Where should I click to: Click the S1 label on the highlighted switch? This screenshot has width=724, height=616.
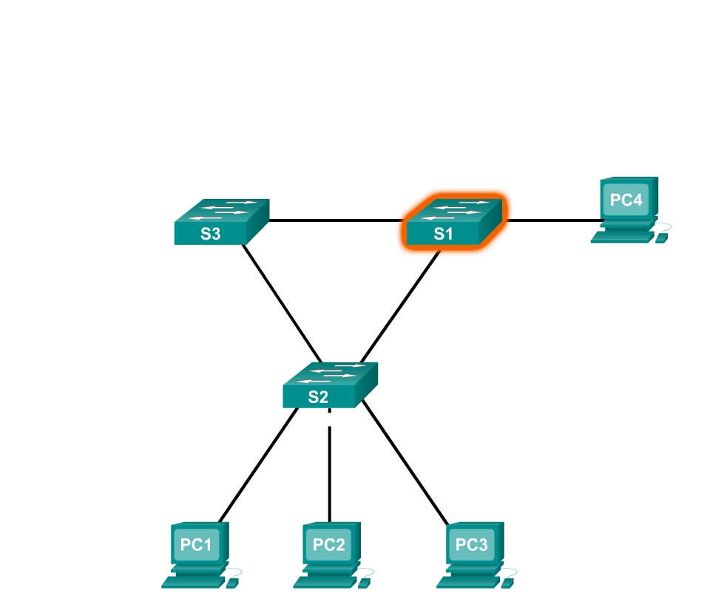(x=442, y=234)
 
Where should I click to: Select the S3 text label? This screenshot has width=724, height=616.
(x=210, y=235)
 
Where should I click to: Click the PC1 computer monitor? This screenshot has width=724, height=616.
(x=197, y=546)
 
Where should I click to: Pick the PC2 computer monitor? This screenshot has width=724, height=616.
(x=328, y=546)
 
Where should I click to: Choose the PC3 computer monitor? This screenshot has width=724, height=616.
(x=472, y=546)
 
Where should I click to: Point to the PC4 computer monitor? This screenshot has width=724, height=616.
(x=626, y=200)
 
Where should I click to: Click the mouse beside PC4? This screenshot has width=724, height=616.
(x=661, y=237)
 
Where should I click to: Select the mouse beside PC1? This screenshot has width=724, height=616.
(x=232, y=582)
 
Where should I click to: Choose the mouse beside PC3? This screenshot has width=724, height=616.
(x=507, y=582)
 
